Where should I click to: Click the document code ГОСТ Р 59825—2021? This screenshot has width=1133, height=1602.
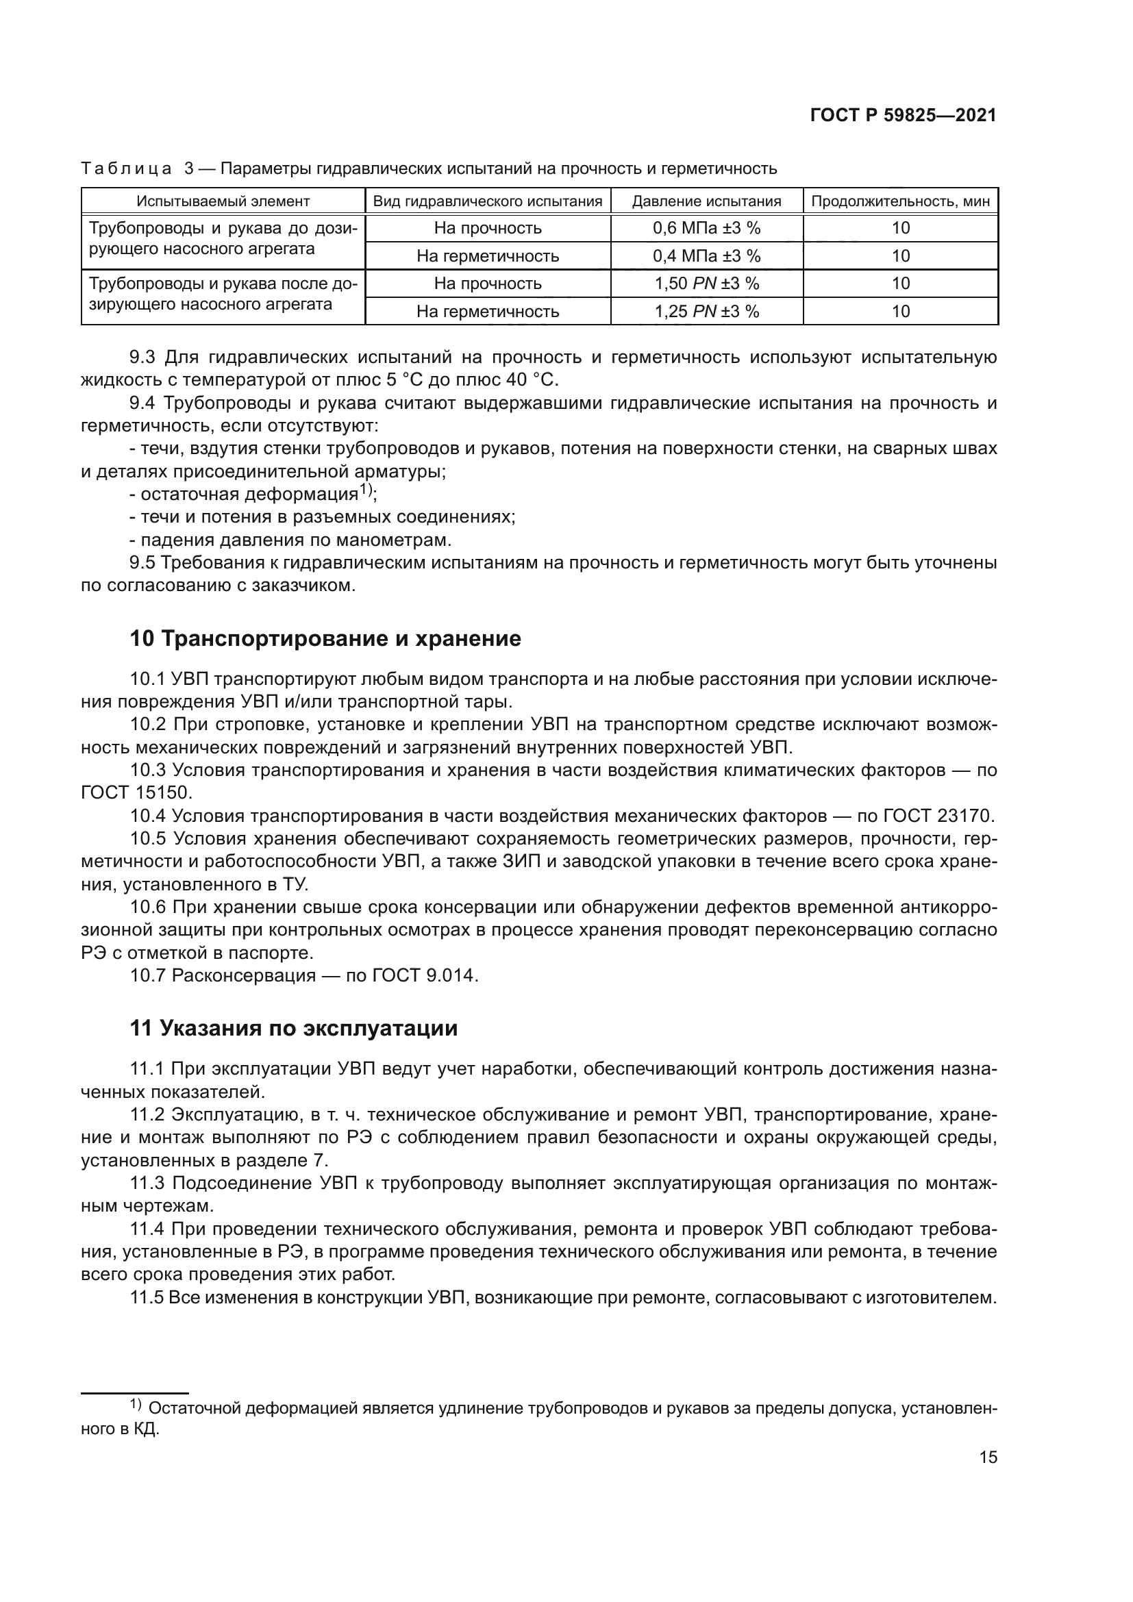903,116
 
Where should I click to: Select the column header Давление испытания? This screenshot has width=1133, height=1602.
706,201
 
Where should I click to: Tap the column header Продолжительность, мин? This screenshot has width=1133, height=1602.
900,201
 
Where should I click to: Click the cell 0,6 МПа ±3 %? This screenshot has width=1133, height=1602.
706,228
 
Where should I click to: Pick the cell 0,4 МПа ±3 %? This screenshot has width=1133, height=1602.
706,256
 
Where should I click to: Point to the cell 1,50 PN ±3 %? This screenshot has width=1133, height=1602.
706,284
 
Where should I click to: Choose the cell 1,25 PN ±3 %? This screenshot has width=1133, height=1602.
706,311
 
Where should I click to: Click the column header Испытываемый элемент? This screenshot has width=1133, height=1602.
223,201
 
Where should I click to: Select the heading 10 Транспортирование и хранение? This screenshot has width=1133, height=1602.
325,638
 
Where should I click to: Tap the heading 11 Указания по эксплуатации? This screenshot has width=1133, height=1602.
294,1029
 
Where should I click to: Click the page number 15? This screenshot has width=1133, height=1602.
988,1457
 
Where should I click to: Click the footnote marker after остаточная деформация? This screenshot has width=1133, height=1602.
366,490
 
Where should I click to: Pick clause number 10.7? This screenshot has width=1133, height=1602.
147,975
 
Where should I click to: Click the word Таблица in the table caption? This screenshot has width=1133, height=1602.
126,169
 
